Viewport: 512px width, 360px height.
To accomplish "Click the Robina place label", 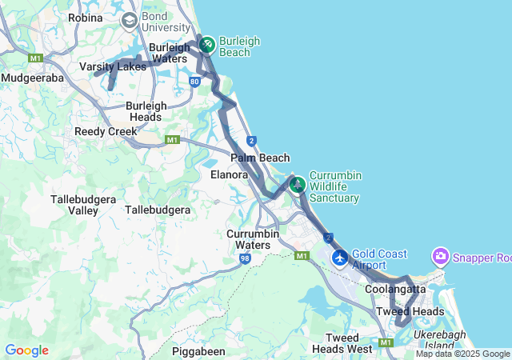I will point(86,18).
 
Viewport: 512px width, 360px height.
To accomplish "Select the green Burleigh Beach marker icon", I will point(206,43).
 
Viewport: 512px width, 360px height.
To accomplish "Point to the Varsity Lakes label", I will point(113,66).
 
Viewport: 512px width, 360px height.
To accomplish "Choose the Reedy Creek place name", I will point(106,131).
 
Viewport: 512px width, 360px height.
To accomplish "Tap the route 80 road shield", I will point(195,82).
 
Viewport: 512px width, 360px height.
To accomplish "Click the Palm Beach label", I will point(260,158).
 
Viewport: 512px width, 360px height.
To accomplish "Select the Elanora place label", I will point(229,174).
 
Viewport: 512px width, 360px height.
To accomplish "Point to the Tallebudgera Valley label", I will point(74,204).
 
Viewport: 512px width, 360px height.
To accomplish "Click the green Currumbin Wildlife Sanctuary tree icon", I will point(298,185).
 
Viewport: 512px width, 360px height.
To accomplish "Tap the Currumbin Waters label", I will point(253,238).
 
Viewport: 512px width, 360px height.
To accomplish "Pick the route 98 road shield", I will point(245,258).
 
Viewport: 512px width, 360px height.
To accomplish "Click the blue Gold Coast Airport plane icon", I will point(340,258).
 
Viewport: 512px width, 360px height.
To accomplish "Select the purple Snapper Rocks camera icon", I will point(440,257).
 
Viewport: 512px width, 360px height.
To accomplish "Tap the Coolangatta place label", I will point(395,289).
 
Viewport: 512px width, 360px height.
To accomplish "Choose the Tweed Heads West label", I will point(342,343).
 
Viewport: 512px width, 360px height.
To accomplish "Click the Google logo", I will point(26,350).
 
